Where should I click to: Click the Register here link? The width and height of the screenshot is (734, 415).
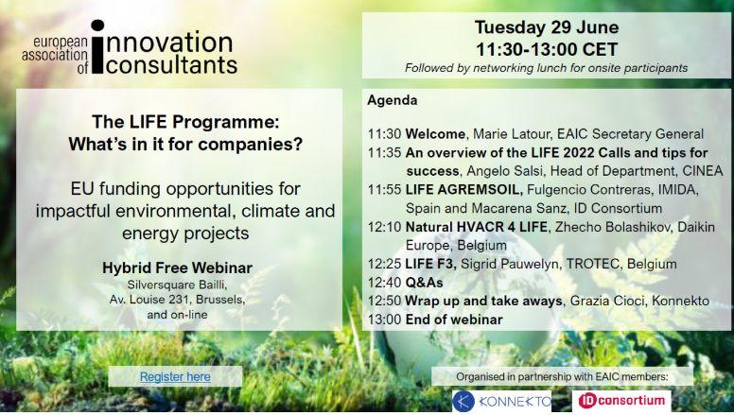pos(175,376)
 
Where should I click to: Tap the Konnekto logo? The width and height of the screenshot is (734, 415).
pos(502,402)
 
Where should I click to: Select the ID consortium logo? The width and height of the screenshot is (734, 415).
pos(621,401)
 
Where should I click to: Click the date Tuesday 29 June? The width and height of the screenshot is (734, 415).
pos(547,27)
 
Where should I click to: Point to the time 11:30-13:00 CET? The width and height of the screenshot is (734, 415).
pos(547,49)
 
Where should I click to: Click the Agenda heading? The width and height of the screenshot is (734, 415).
pos(392,100)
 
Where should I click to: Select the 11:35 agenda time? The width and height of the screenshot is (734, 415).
pos(384,153)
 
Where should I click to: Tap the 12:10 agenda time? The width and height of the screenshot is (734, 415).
pos(384,227)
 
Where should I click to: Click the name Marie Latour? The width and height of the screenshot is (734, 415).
pos(511,134)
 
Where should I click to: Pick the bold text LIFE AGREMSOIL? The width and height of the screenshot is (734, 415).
pos(463,189)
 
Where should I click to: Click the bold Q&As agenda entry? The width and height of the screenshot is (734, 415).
pos(424,283)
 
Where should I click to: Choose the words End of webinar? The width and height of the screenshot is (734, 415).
pos(454,320)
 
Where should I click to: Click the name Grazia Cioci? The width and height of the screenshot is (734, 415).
pos(606,301)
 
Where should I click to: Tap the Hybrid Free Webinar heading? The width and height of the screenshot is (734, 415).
pos(177,268)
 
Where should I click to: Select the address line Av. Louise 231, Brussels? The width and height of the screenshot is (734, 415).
pos(177,300)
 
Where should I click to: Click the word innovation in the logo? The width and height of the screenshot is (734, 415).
pos(168,43)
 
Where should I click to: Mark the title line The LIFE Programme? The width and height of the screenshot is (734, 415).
pos(185,122)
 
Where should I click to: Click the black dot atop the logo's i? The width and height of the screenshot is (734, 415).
pos(97,26)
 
